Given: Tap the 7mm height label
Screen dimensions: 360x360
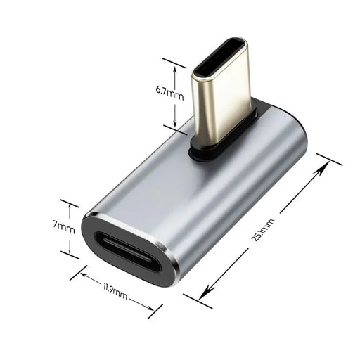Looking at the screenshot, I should coord(63,227).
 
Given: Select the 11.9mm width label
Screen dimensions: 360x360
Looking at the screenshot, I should coord(115,290).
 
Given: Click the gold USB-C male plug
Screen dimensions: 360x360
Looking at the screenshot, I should coord(221,98).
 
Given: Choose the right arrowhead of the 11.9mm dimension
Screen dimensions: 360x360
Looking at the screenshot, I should coord(151,307).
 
